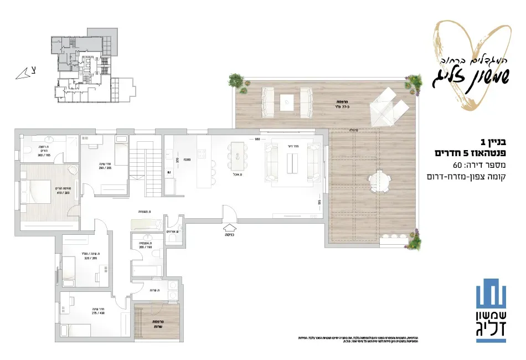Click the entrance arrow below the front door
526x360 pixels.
coord(230,227)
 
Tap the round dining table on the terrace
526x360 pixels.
coord(379,182)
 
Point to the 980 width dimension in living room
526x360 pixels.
coord(257,139)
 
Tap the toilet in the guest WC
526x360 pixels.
coord(173,238)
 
